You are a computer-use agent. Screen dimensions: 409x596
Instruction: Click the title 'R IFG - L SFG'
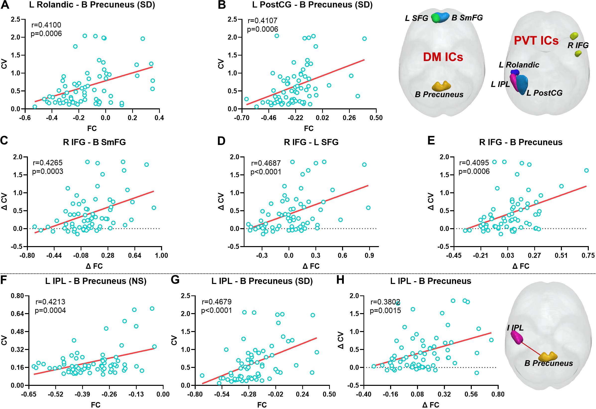311,142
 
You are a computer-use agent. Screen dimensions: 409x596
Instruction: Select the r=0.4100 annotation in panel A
46,25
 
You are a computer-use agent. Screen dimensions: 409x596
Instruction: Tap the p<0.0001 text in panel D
266,172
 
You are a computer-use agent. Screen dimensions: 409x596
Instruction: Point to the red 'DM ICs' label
443,57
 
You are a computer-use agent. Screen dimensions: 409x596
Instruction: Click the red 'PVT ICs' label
536,41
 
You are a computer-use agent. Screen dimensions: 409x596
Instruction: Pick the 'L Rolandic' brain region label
519,65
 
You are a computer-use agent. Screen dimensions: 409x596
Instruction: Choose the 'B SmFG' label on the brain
467,18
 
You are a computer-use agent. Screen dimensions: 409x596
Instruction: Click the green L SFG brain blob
435,18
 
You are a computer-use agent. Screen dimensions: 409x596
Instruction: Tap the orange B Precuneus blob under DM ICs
441,86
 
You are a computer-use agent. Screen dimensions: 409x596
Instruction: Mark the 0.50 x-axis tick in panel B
376,118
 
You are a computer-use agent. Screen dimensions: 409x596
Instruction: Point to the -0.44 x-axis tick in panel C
54,255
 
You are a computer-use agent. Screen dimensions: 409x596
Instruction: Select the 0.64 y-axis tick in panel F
17,314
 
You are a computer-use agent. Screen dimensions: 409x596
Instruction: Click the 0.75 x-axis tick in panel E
588,255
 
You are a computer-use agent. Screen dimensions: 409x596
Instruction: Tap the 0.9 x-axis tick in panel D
369,255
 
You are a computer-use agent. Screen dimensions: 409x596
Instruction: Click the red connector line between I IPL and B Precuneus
530,349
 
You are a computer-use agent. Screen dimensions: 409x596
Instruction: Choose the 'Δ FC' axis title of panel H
431,405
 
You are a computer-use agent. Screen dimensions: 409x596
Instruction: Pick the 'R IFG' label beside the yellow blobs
578,45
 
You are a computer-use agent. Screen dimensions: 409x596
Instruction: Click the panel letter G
175,280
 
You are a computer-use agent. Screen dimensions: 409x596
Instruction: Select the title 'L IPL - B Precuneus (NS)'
96,281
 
